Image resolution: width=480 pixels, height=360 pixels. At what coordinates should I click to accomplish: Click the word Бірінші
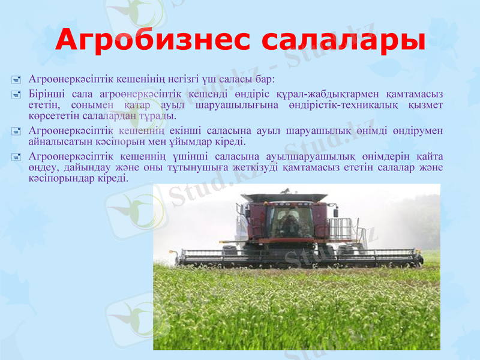(44, 94)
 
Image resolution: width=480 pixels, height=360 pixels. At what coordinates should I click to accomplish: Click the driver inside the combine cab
(289, 223)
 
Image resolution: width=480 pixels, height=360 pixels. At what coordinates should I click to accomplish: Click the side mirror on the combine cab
(247, 211)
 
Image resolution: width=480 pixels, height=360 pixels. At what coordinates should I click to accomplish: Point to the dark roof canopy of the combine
(288, 198)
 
